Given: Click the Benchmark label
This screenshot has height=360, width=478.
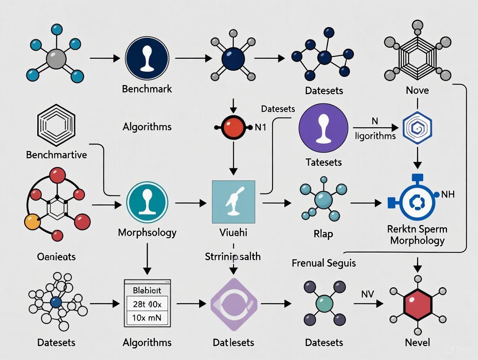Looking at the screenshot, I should tap(147, 89).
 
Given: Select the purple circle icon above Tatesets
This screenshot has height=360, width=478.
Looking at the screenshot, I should tap(323, 128).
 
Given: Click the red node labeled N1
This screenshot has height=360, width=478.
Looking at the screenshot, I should tap(233, 127).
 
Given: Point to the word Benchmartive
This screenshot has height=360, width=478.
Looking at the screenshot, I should tap(56, 154).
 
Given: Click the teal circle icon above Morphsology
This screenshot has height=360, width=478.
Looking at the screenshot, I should tap(147, 202).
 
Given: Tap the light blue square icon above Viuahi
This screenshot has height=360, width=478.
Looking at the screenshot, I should tap(233, 202).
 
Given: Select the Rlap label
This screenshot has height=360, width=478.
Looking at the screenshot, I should tap(323, 234).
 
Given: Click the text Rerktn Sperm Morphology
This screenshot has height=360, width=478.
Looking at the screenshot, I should tap(417, 234).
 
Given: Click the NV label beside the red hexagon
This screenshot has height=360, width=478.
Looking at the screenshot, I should tap(367, 294).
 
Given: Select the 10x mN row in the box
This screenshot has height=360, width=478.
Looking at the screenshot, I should tap(147, 318).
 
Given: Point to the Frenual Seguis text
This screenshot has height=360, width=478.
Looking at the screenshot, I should tap(324, 263).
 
